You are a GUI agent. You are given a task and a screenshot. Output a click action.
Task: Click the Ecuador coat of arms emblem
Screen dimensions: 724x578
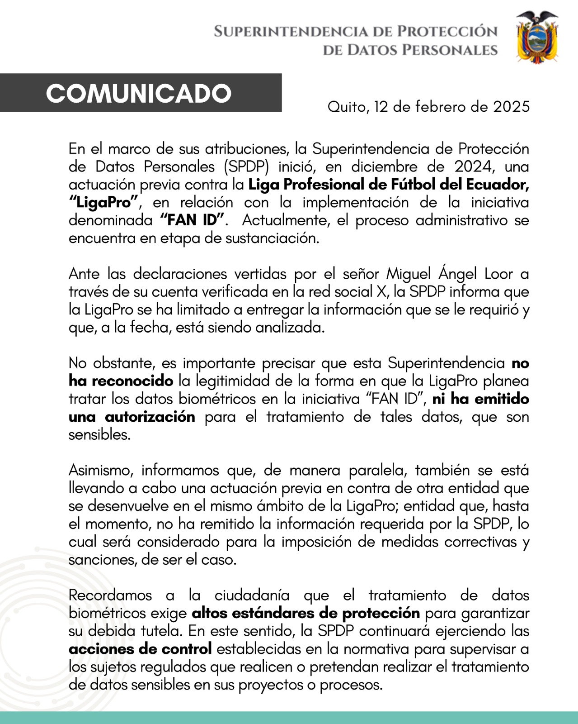click(537, 37)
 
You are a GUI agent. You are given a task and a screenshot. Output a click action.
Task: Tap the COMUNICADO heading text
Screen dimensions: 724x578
click(139, 94)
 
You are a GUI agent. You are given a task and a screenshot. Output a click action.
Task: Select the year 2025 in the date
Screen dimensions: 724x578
click(511, 107)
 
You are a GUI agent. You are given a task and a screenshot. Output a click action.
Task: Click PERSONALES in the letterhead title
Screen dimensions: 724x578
click(450, 50)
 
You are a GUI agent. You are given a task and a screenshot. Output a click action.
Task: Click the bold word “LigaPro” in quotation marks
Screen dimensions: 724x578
click(103, 202)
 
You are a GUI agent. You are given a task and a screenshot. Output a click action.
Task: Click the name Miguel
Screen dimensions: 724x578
click(409, 274)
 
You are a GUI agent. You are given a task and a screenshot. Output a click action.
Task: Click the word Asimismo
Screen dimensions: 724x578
click(101, 470)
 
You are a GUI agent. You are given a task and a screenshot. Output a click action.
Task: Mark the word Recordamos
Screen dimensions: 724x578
click(110, 595)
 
